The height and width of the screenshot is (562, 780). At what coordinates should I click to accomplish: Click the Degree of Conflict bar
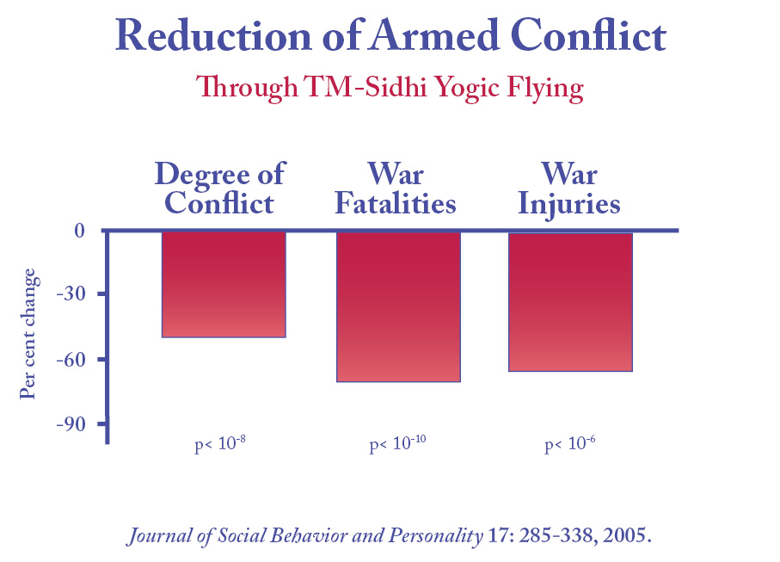(224, 284)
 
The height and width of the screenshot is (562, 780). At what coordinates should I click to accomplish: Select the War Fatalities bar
(398, 306)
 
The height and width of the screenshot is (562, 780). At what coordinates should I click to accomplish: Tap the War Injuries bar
(571, 301)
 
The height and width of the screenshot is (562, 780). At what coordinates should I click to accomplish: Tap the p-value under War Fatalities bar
(398, 445)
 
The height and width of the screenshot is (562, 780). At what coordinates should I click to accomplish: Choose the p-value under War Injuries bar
(570, 445)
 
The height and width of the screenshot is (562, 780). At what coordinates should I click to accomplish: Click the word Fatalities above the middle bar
(396, 204)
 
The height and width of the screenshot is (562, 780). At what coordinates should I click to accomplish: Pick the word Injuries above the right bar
(570, 205)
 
